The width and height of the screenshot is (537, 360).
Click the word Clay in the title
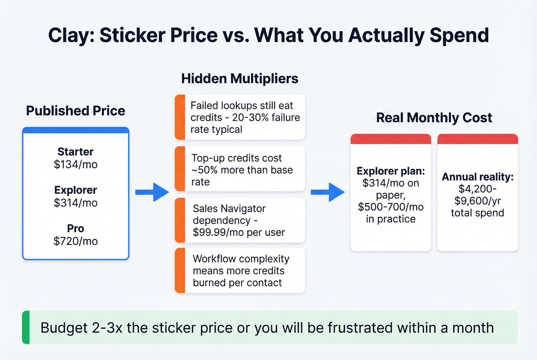tap(71, 36)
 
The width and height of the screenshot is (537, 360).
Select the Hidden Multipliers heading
tap(240, 79)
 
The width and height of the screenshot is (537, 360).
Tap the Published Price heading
tap(76, 111)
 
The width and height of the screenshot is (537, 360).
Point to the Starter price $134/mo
tap(76, 164)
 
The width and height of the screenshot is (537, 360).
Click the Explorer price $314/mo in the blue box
tap(76, 203)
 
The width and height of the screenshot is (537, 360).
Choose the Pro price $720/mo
tap(76, 241)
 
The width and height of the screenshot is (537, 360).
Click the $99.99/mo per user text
tap(239, 232)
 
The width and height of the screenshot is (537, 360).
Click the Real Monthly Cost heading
tap(434, 118)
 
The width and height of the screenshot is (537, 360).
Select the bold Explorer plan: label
tap(391, 171)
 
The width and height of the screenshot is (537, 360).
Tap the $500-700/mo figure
tap(391, 207)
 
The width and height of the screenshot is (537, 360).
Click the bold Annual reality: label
tap(478, 177)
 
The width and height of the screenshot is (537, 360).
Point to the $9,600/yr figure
tap(478, 201)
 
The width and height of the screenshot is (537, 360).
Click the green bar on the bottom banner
tap(26, 327)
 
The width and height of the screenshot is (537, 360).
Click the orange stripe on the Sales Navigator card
tap(180, 220)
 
